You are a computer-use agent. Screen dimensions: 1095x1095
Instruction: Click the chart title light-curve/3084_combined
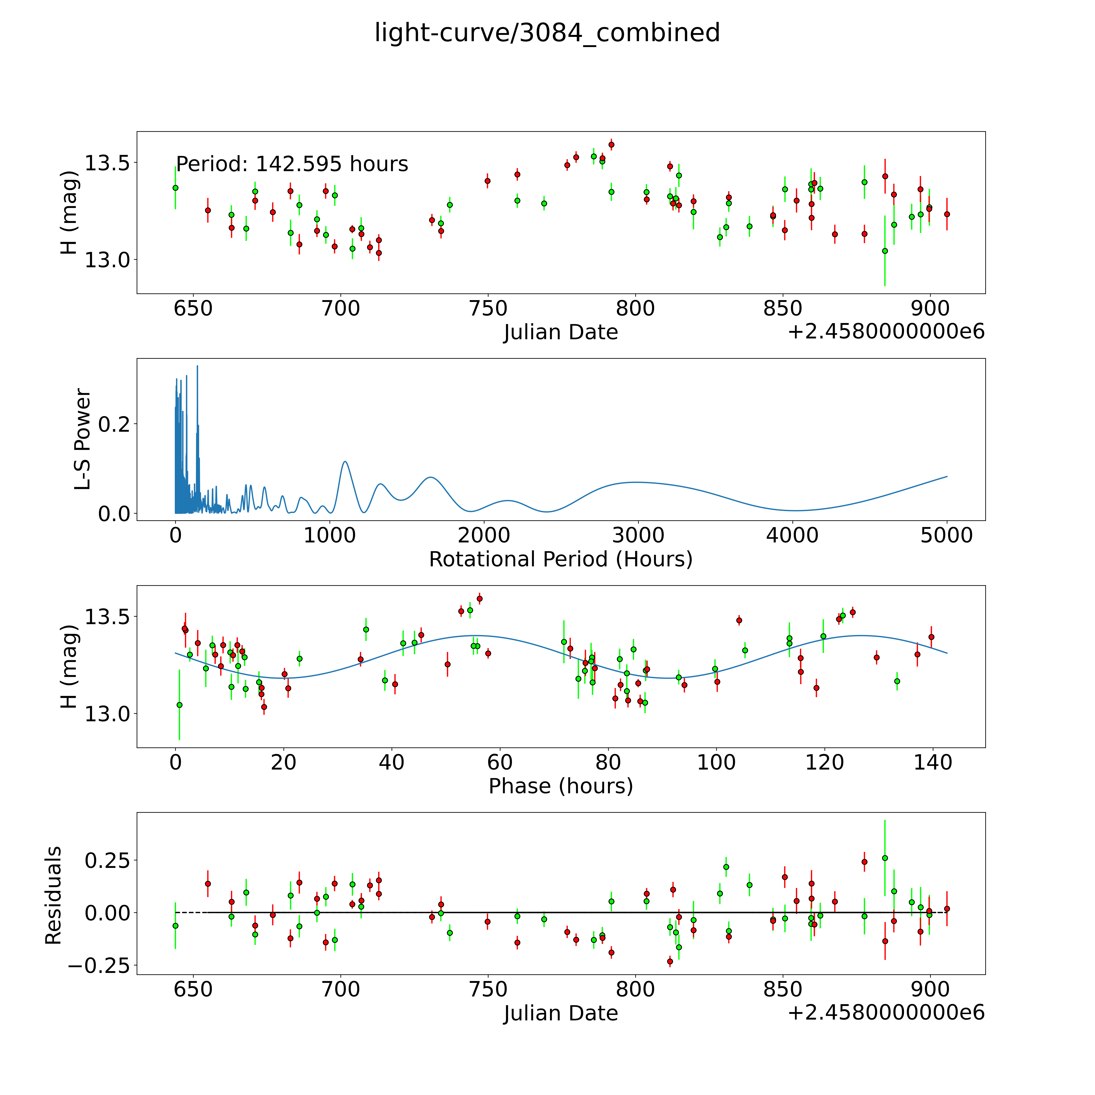(547, 33)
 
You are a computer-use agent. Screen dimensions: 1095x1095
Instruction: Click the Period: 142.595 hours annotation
(292, 164)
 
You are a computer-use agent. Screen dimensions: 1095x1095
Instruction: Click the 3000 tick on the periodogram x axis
(638, 536)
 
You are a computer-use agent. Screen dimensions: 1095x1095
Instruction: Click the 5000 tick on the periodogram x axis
(947, 536)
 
